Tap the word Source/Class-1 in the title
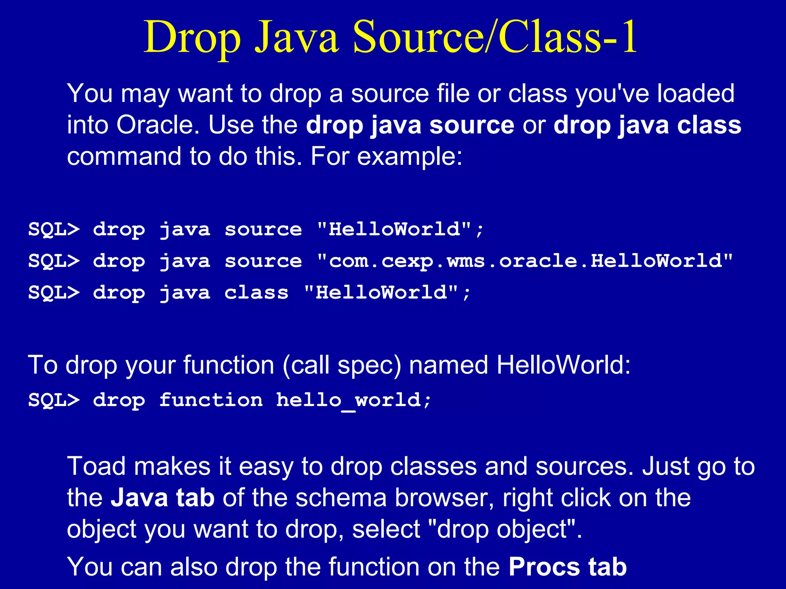point(495,37)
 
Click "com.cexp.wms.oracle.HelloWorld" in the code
point(525,261)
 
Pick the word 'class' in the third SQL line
point(256,293)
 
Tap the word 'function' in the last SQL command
point(211,400)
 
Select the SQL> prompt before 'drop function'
point(54,400)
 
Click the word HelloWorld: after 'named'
point(563,365)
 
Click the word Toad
point(96,466)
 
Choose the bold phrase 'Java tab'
point(162,498)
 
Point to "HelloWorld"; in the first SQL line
point(400,230)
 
